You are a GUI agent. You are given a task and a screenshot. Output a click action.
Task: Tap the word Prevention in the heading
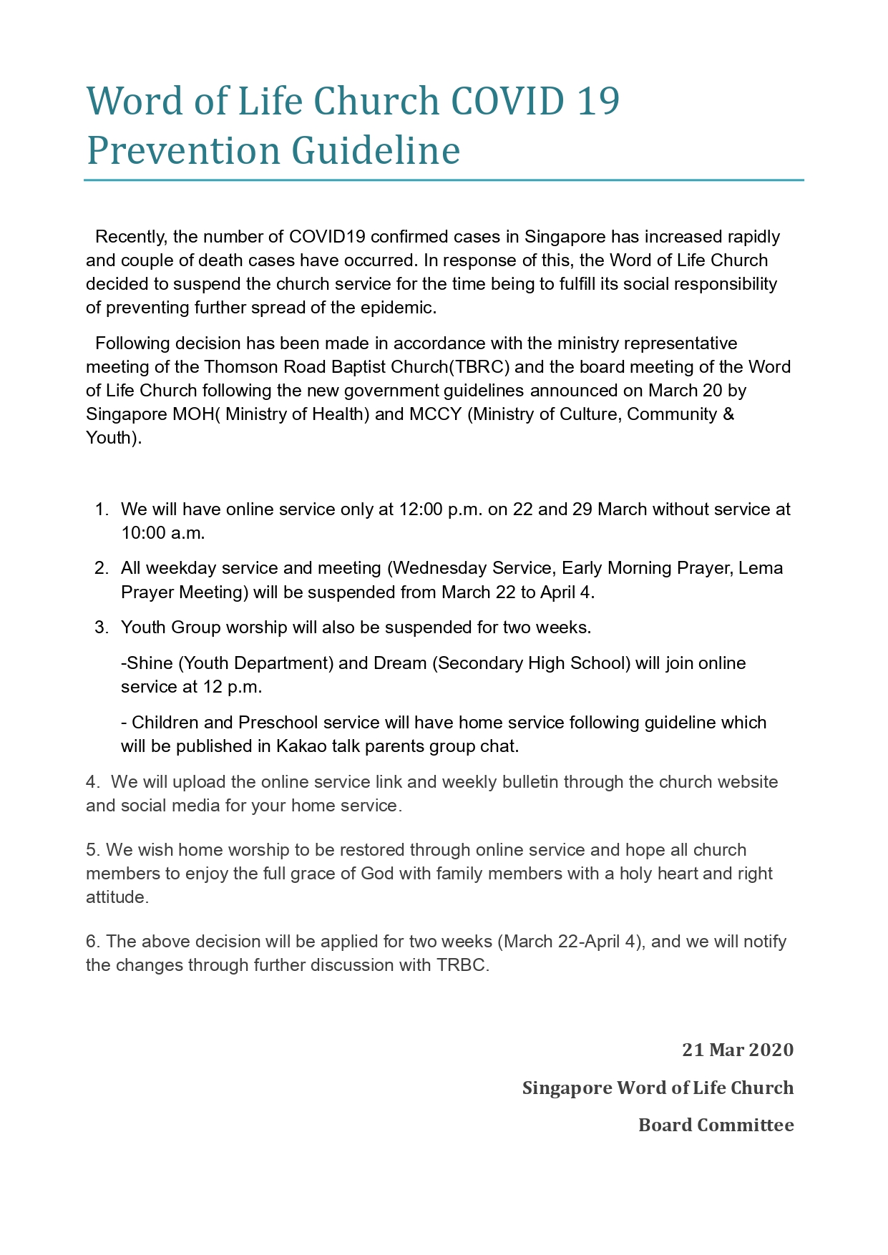[x=183, y=151]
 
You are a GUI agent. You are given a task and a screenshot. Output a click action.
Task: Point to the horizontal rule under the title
[x=444, y=180]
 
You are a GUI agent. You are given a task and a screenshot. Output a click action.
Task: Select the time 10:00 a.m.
[x=162, y=533]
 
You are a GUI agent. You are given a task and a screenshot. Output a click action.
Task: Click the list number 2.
[x=102, y=568]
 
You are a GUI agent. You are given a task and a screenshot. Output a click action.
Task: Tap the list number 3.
[x=102, y=627]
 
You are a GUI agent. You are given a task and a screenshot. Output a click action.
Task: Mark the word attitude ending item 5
[x=117, y=897]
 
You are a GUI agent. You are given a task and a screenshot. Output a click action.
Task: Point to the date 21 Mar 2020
[x=737, y=1050]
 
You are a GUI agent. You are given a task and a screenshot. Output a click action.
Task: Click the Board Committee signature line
[x=716, y=1125]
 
